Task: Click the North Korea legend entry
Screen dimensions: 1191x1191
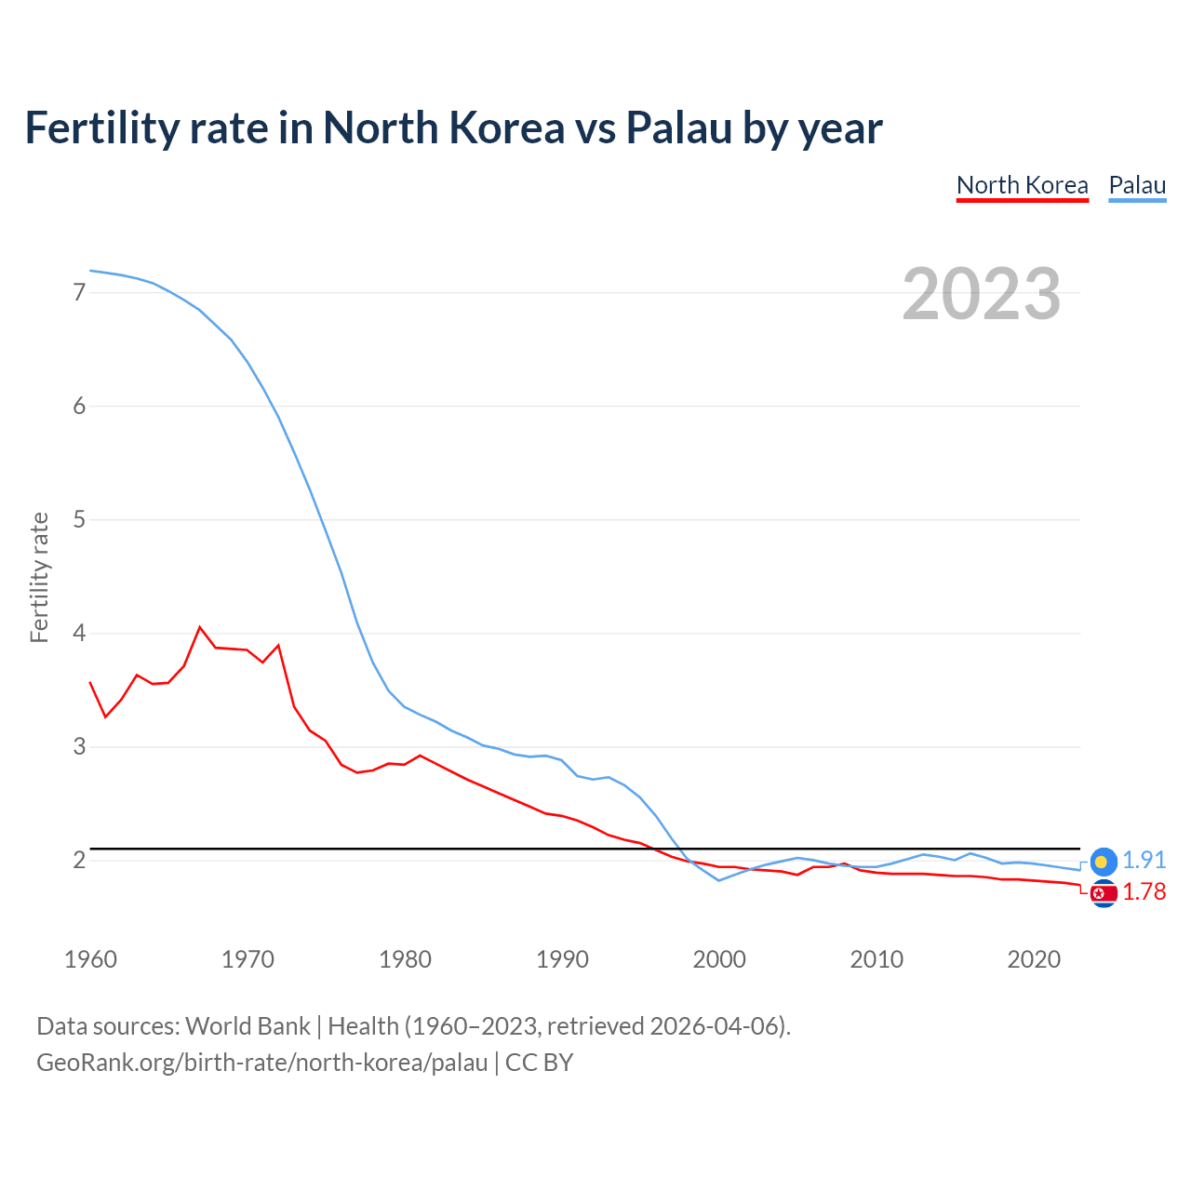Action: point(1022,185)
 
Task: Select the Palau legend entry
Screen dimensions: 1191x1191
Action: point(1137,185)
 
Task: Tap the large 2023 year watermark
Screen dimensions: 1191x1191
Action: point(982,294)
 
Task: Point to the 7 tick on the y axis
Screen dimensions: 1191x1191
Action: point(79,292)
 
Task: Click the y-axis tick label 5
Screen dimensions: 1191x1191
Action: point(79,519)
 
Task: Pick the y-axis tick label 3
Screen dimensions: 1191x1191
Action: point(79,746)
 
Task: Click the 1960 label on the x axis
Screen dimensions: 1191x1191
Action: point(90,959)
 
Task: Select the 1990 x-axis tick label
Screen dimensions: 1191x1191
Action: point(562,959)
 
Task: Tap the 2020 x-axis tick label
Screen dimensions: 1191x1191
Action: point(1034,959)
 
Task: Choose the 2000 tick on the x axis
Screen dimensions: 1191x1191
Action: point(719,959)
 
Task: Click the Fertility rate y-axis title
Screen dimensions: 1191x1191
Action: point(39,577)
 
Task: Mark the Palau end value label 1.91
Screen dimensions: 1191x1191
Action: point(1144,861)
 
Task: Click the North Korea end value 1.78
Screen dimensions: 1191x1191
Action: point(1144,892)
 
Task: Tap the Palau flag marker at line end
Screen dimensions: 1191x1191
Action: point(1104,862)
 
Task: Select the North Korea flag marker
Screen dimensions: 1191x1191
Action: point(1104,894)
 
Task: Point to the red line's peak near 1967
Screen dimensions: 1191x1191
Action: point(200,627)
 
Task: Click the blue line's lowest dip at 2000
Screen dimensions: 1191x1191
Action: point(718,880)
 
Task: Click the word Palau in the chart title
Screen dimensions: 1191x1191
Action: point(679,127)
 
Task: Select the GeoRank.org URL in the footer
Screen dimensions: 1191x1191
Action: point(261,1063)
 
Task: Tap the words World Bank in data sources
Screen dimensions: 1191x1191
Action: point(248,1026)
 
